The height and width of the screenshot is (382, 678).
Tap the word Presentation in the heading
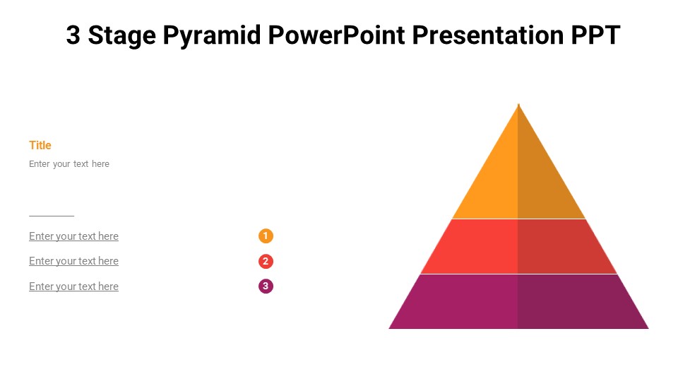click(487, 35)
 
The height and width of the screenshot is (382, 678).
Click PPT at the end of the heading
click(595, 35)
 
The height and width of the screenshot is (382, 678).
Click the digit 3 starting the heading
click(73, 35)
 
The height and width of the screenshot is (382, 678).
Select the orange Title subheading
click(40, 145)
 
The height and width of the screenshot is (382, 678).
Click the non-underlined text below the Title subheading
click(69, 164)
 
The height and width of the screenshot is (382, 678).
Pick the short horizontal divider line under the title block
click(52, 216)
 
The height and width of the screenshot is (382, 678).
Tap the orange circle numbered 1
click(266, 236)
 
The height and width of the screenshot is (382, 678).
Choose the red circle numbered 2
click(266, 261)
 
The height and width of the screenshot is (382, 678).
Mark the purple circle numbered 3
click(266, 286)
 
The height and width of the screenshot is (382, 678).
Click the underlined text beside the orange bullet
click(73, 236)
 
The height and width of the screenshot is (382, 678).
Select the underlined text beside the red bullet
click(73, 261)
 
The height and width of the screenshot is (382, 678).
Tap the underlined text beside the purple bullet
click(73, 286)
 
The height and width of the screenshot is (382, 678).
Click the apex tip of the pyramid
click(518, 105)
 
